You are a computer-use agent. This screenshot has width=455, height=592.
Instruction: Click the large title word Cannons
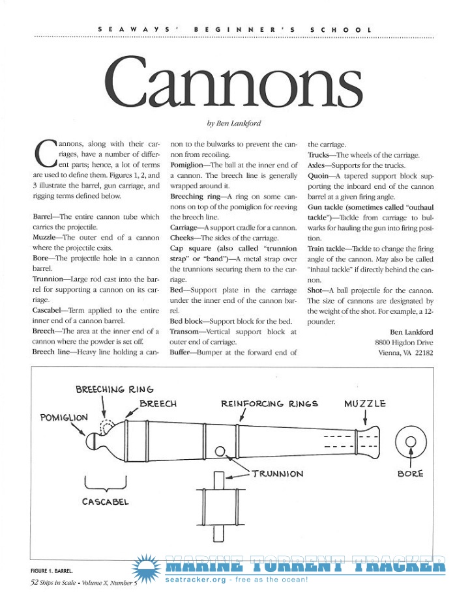(x=233, y=82)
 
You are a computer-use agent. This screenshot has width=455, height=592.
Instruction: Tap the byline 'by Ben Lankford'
(x=234, y=123)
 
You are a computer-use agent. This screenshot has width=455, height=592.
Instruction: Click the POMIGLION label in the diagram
(x=64, y=417)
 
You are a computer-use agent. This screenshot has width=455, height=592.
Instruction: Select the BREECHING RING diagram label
(x=115, y=389)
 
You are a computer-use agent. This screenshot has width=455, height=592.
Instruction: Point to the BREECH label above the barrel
(x=158, y=404)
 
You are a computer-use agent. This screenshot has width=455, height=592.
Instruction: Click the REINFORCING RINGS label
(x=269, y=404)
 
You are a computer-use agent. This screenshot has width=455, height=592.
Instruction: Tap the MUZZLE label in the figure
(x=364, y=404)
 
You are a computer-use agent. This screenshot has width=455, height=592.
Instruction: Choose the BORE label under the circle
(x=411, y=473)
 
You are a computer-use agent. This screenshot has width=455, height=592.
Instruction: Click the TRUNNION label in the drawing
(x=278, y=473)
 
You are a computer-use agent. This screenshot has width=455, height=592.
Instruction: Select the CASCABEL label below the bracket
(x=106, y=501)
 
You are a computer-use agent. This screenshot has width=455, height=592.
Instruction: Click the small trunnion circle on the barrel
(x=220, y=451)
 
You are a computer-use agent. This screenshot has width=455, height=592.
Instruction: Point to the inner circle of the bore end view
(x=411, y=442)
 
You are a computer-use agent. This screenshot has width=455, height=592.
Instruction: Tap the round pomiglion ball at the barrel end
(x=91, y=441)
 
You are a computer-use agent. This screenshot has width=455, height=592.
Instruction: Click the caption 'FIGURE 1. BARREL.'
(x=51, y=571)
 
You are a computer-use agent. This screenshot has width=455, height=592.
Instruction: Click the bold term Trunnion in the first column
(x=48, y=279)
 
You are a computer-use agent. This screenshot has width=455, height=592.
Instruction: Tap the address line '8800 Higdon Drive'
(x=404, y=342)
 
